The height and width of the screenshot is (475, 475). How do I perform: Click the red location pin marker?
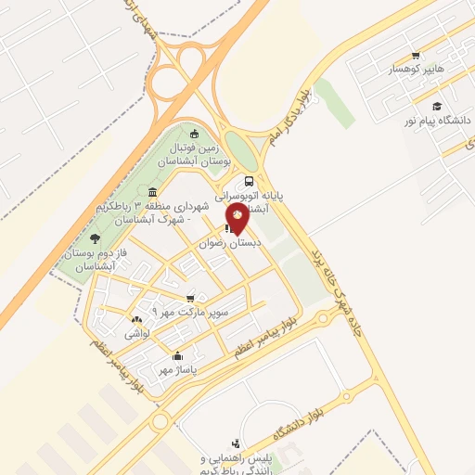click(x=237, y=218)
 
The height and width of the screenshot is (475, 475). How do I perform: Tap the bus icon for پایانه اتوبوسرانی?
click(x=249, y=182)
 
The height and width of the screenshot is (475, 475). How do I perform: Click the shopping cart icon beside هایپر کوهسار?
click(x=416, y=54)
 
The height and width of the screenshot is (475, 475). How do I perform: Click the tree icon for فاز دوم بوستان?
click(x=94, y=240)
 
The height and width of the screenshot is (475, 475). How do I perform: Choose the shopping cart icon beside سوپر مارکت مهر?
click(x=190, y=299)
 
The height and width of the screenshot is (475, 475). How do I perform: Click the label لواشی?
click(x=137, y=332)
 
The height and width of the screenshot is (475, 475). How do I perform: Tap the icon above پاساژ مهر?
click(x=177, y=355)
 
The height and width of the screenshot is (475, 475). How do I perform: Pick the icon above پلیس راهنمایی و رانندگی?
click(x=236, y=443)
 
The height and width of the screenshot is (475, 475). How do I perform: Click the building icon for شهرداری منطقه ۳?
click(x=151, y=193)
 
